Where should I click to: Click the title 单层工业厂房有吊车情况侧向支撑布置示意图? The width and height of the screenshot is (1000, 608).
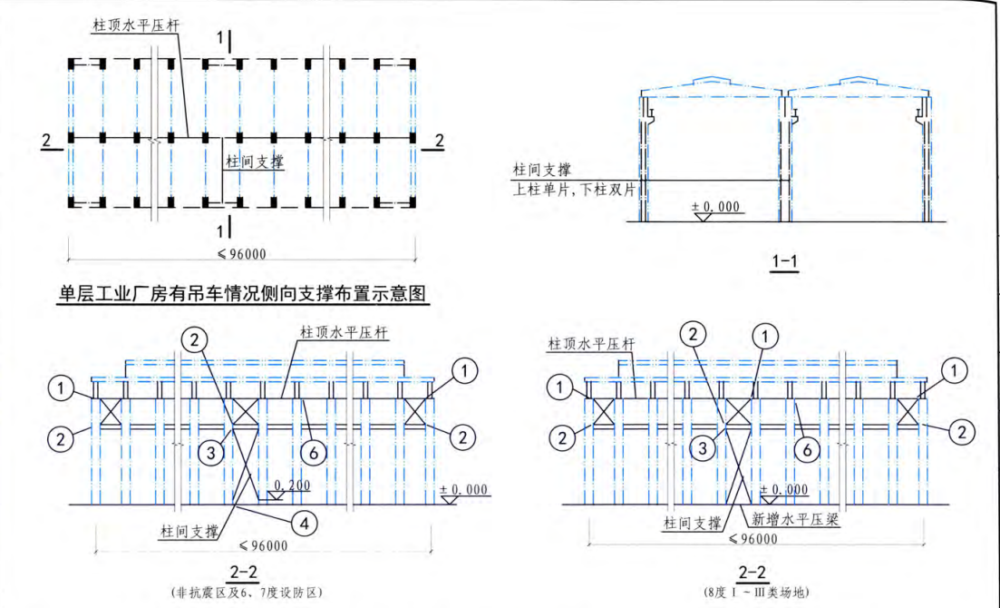click(243, 294)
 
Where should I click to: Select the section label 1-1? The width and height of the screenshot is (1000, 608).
click(783, 262)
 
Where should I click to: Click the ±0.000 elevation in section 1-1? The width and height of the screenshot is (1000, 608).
click(717, 208)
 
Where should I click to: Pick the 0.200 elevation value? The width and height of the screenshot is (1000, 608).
click(292, 485)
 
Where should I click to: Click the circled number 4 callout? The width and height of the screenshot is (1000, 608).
click(306, 523)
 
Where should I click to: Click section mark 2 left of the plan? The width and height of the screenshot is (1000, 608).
click(46, 140)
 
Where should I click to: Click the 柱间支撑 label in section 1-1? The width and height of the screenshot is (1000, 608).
click(542, 169)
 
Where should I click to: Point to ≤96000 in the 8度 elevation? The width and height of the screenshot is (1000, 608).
click(753, 538)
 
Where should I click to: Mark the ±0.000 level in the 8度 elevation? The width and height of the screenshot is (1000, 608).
click(784, 490)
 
